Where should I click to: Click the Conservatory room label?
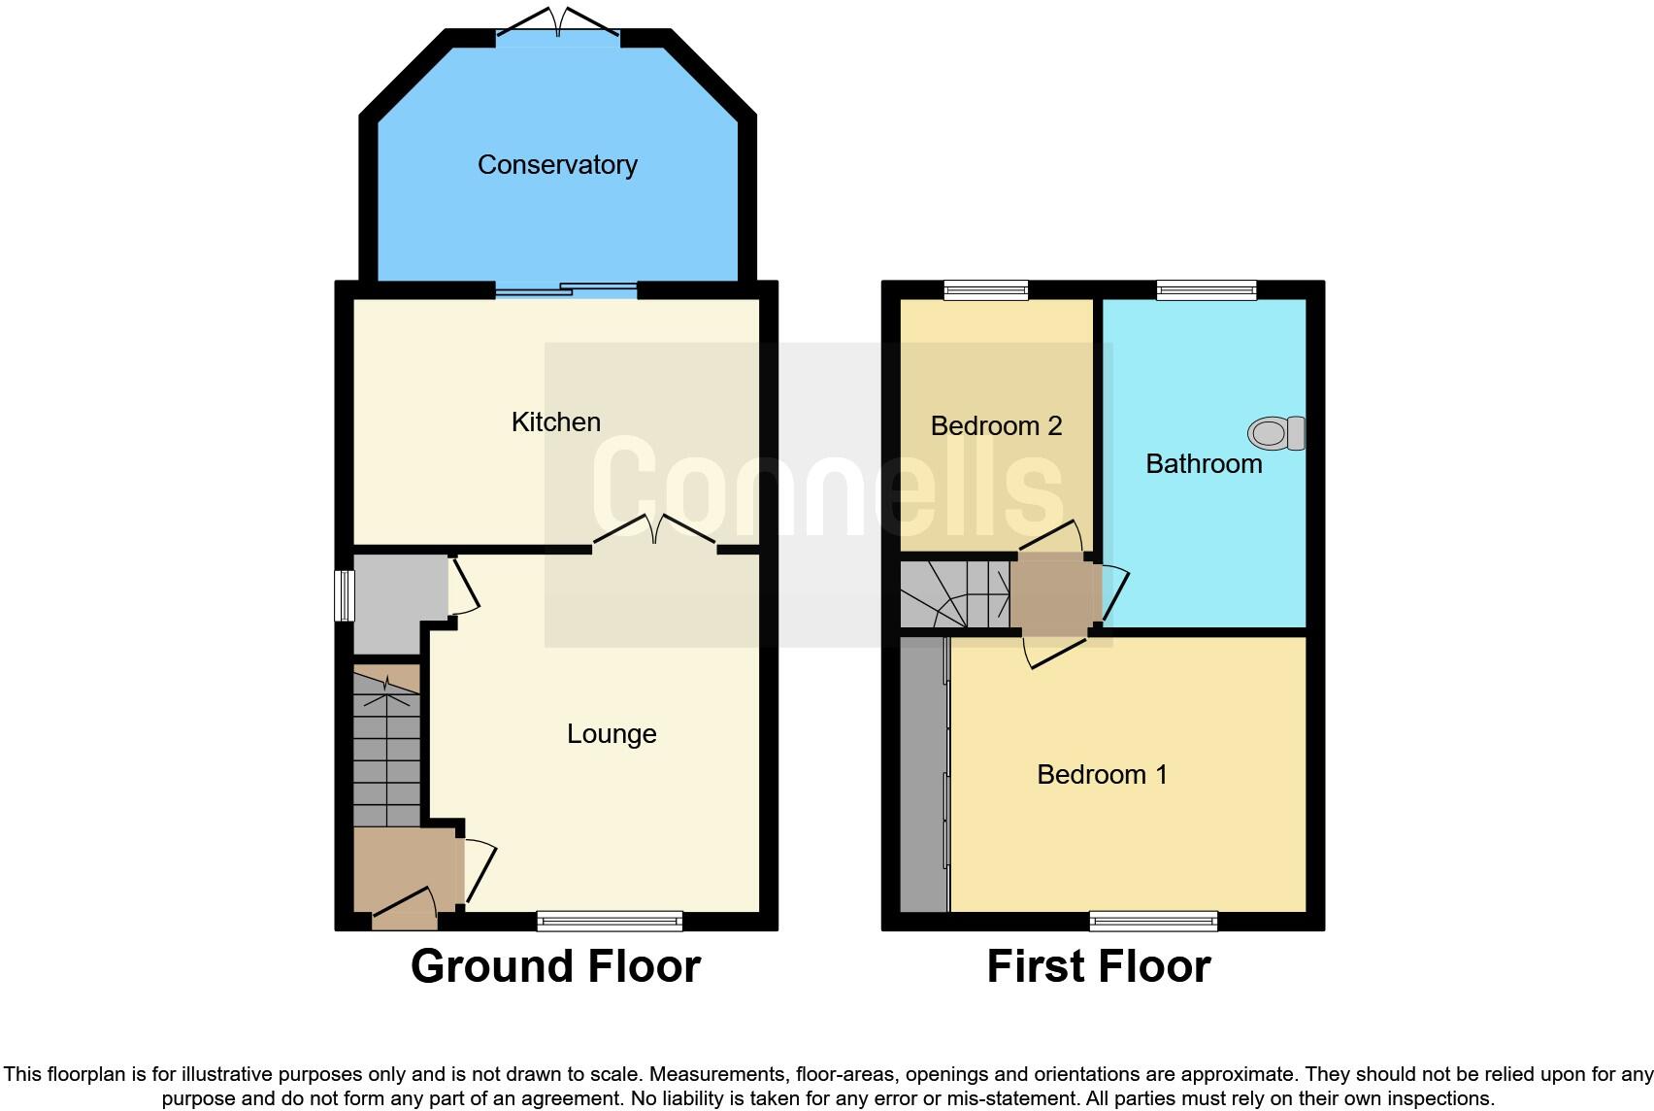pyautogui.click(x=557, y=165)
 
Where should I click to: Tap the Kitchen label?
pyautogui.click(x=556, y=421)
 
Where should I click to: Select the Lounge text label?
pyautogui.click(x=612, y=733)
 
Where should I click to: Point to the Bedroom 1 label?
pyautogui.click(x=1102, y=774)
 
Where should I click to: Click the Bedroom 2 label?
pyautogui.click(x=996, y=425)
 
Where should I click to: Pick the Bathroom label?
pyautogui.click(x=1204, y=463)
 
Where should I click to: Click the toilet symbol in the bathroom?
pyautogui.click(x=1277, y=433)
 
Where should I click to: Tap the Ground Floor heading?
pyautogui.click(x=555, y=966)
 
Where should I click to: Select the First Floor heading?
pyautogui.click(x=1099, y=966)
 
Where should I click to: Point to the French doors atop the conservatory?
pyautogui.click(x=558, y=24)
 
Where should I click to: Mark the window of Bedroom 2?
pyautogui.click(x=986, y=289)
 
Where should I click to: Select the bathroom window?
pyautogui.click(x=1207, y=289)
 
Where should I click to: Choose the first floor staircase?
pyautogui.click(x=955, y=594)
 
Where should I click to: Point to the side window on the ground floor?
pyautogui.click(x=344, y=595)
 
